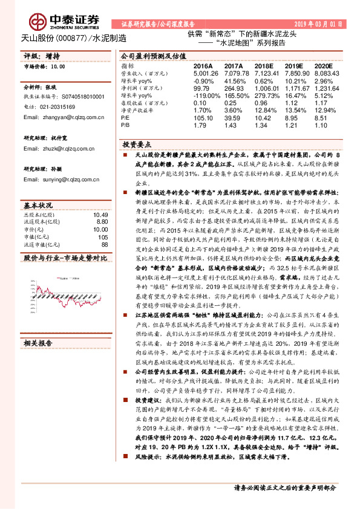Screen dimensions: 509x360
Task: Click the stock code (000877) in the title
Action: click(72, 37)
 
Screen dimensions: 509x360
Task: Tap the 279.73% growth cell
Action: click(267, 96)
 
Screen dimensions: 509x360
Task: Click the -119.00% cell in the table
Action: click(206, 96)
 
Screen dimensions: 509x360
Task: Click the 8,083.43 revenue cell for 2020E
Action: click(327, 73)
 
